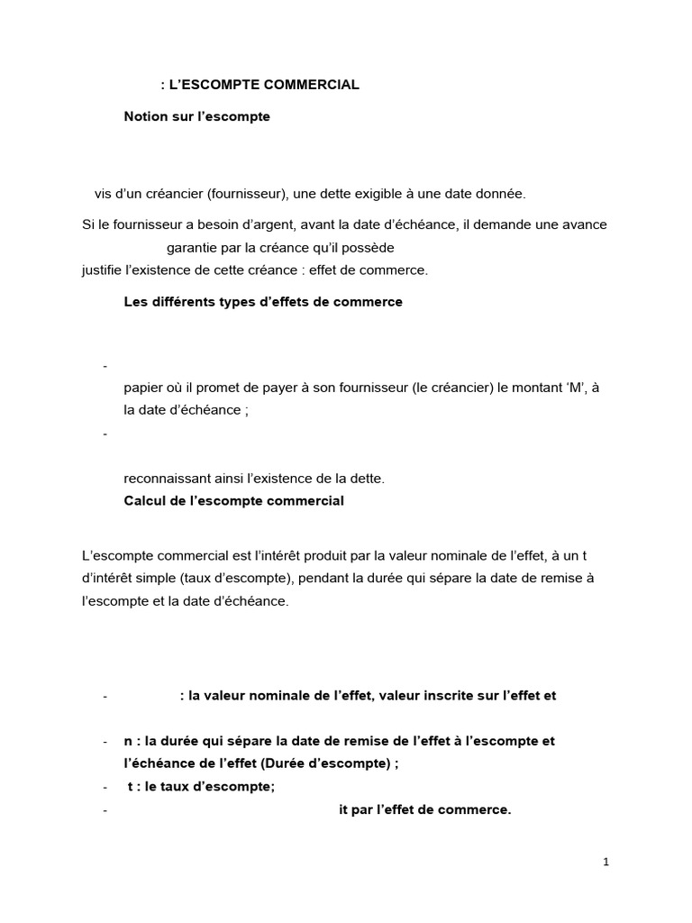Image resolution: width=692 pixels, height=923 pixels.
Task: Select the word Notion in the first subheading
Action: pyautogui.click(x=145, y=117)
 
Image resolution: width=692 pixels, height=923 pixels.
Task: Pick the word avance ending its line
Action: pyautogui.click(x=583, y=224)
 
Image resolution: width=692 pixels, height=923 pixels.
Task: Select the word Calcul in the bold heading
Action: pyautogui.click(x=144, y=500)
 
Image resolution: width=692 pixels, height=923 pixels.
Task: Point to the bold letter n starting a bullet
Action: pyautogui.click(x=128, y=741)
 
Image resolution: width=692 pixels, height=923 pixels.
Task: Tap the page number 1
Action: pyautogui.click(x=606, y=863)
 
